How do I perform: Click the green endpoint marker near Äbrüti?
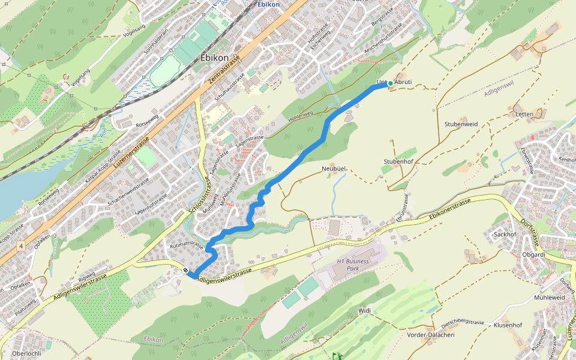click(390, 83)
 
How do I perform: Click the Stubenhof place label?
click(398, 162)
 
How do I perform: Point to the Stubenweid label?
click(461, 124)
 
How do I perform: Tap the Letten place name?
click(524, 114)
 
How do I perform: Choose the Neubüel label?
click(335, 170)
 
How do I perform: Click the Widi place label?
click(365, 311)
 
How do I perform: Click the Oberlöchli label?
click(26, 353)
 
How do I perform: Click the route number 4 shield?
click(21, 247)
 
